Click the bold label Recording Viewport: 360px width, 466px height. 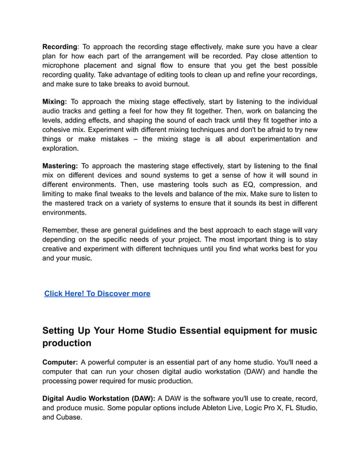(59, 46)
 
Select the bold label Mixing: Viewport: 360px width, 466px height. (55, 102)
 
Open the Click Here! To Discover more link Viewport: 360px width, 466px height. (97, 293)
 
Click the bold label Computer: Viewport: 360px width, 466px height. (60, 362)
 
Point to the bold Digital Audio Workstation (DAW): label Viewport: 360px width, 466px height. (99, 398)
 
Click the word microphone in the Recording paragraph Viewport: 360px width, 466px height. (64, 65)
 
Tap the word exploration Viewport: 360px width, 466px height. (60, 148)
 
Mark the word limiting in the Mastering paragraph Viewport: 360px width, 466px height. (56, 194)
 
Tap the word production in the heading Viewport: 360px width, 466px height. (67, 343)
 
